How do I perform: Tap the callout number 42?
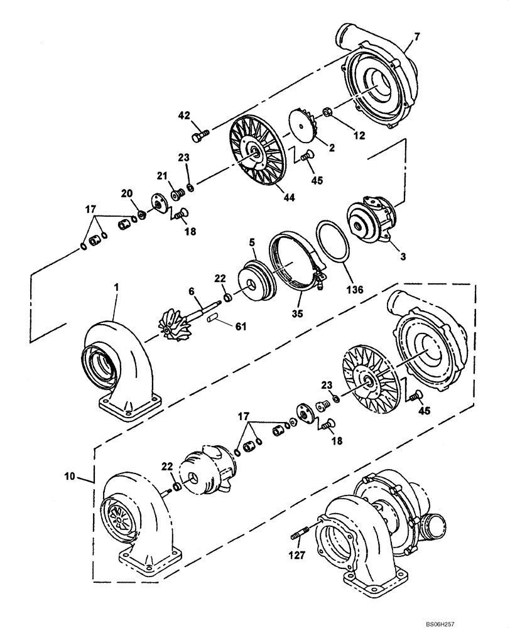[183, 115]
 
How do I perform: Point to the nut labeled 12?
[327, 114]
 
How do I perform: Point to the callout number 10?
[70, 477]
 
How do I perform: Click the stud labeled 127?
[300, 536]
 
